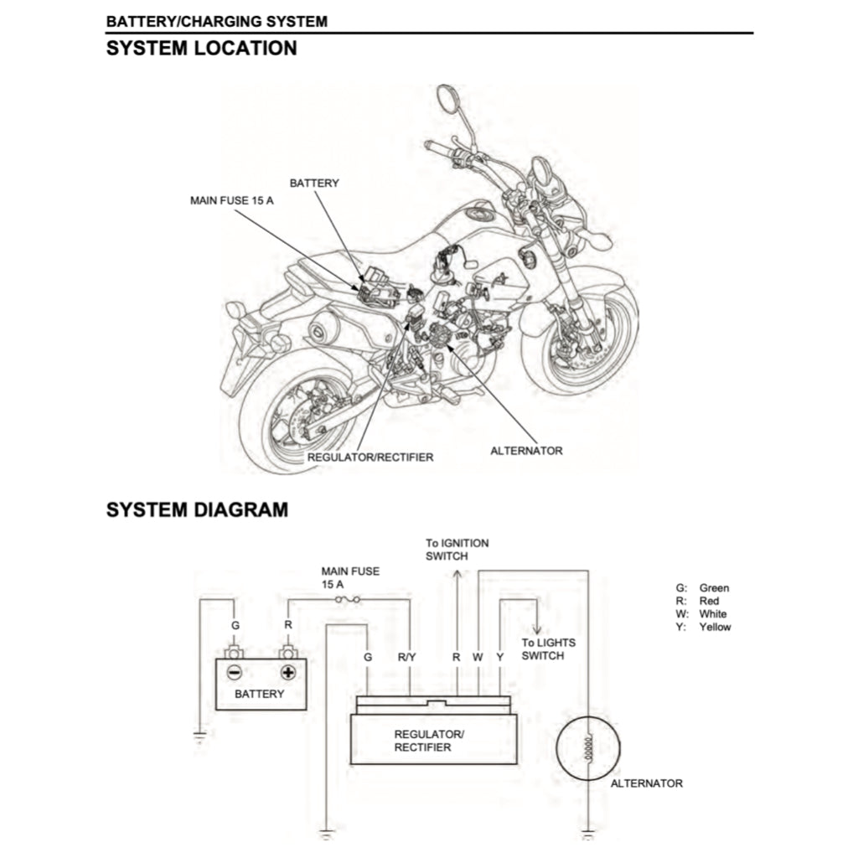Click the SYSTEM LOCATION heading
coord(201,49)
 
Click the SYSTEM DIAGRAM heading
coord(197,509)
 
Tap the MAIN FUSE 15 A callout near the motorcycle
coord(231,202)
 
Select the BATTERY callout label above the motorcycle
coord(314,183)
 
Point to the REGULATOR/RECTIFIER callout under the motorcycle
coord(370,457)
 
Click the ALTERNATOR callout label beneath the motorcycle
coord(526,451)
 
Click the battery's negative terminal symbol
coord(235,672)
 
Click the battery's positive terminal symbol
coord(287,672)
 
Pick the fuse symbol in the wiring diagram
coord(346,600)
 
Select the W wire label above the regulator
coord(478,658)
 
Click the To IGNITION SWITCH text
coord(457,550)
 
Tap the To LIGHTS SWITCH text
coord(548,649)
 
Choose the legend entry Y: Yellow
coord(703,627)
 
